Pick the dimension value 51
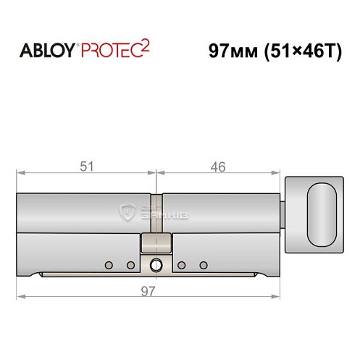(x=86, y=167)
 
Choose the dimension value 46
(x=217, y=167)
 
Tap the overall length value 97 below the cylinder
(x=148, y=290)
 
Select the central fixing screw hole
(x=155, y=265)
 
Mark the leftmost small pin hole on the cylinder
(x=109, y=264)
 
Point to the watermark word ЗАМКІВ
(x=159, y=216)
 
